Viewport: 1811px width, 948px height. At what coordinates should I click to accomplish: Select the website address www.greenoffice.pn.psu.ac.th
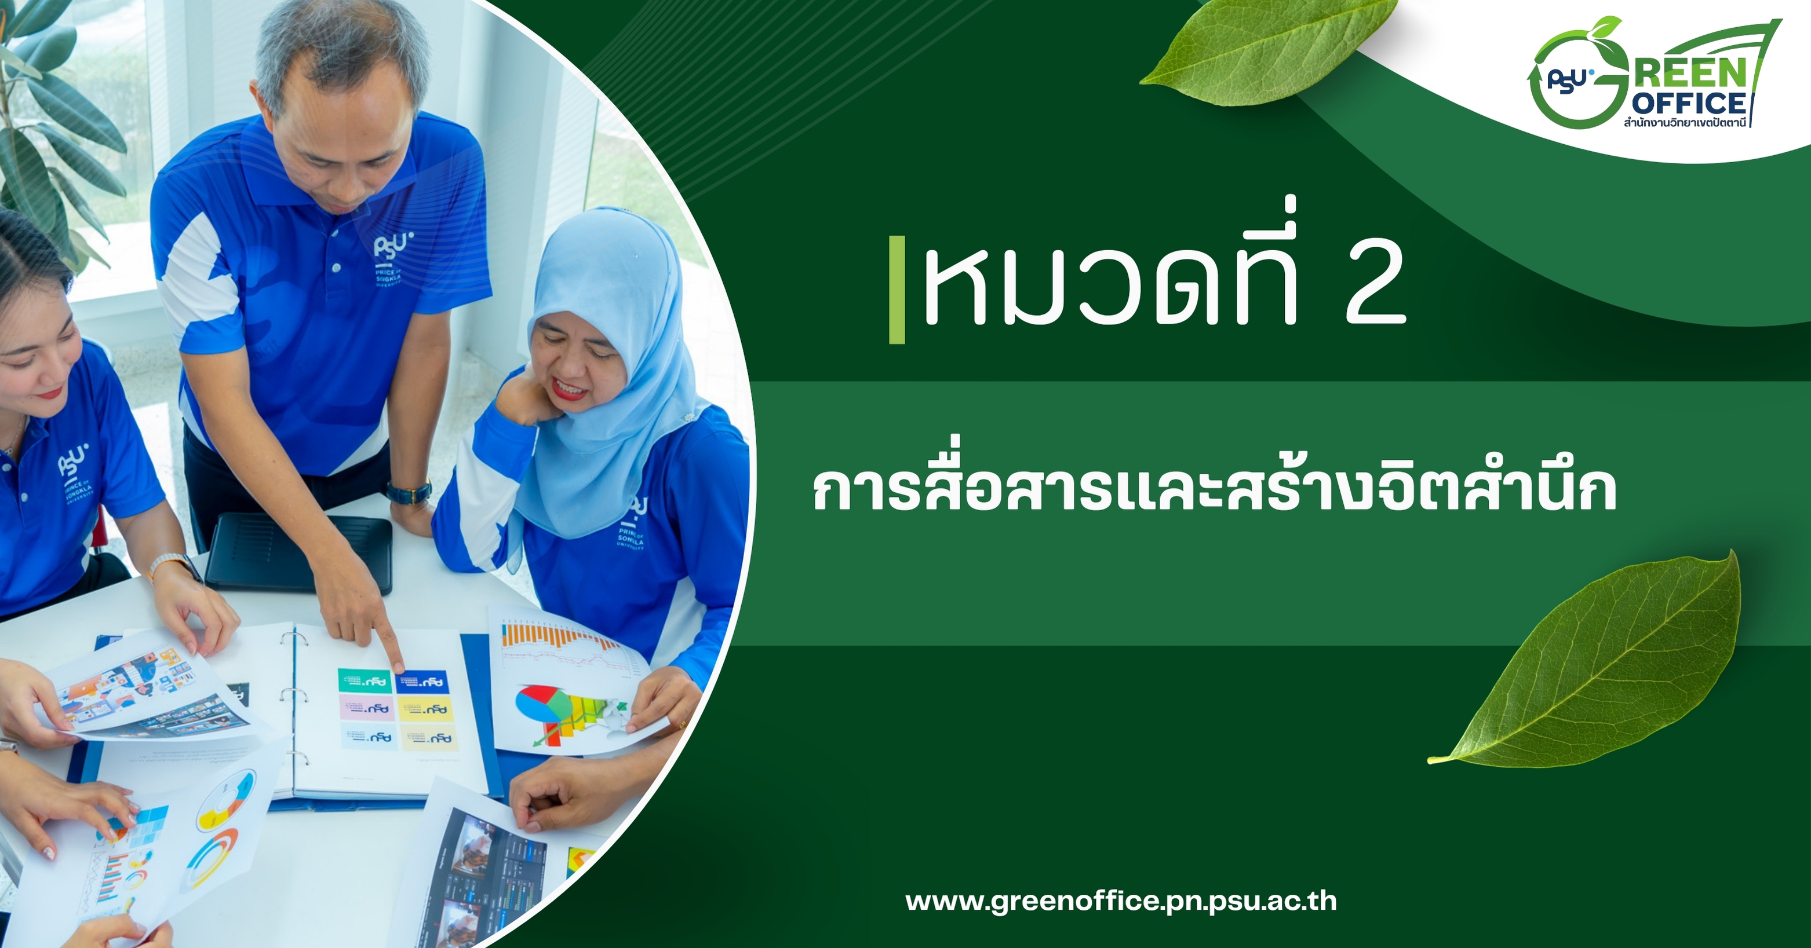pos(1121,902)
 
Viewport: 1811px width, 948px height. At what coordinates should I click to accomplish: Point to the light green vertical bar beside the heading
pos(897,290)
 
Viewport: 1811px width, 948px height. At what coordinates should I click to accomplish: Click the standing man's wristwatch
pos(409,492)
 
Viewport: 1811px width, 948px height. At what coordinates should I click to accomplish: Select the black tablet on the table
pos(299,552)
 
